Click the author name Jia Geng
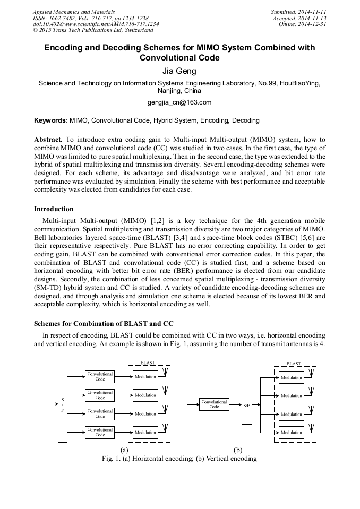[x=179, y=71]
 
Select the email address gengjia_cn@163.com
[x=179, y=102]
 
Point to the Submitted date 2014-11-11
[x=299, y=11]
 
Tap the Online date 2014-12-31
[x=303, y=24]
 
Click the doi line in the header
[x=96, y=24]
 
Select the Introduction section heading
[x=54, y=209]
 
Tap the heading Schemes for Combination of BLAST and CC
[x=104, y=323]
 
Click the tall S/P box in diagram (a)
[x=63, y=405]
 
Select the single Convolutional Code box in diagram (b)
[x=214, y=404]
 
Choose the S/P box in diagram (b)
[x=246, y=406]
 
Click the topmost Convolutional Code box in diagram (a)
[x=100, y=376]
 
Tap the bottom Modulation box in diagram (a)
[x=145, y=432]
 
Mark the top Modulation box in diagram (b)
[x=291, y=377]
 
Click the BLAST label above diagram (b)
[x=294, y=364]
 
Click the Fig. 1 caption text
[x=179, y=459]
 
